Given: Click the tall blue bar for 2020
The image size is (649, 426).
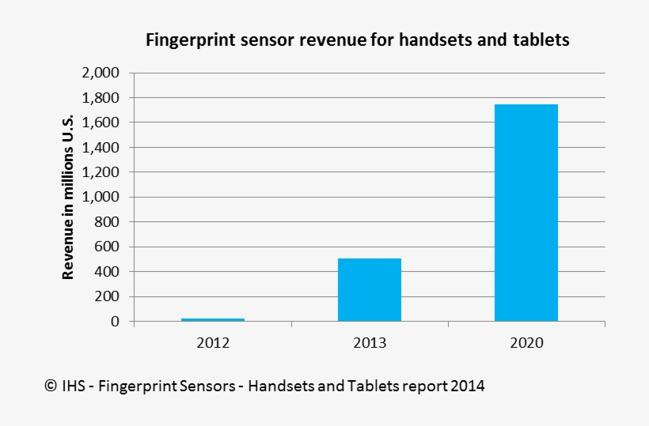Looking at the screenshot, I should [526, 213].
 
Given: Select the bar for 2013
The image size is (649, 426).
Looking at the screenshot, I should [370, 289].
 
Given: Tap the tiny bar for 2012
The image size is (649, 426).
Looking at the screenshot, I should [213, 319].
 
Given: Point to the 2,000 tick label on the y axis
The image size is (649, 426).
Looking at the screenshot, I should [100, 73].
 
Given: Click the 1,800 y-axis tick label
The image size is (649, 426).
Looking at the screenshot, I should [100, 98].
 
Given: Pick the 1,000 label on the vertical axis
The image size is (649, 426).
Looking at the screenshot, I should [100, 198].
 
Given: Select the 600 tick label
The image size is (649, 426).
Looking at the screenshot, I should [106, 247].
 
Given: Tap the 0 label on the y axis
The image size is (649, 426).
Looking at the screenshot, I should [115, 322].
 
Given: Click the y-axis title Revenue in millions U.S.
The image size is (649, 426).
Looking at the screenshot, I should [68, 197].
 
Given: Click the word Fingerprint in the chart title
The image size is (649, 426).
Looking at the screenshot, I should [184, 40].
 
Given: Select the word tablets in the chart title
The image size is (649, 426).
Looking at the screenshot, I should [541, 40].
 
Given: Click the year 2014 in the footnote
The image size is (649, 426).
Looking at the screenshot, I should [468, 386].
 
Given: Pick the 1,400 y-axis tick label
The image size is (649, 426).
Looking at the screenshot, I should [100, 148].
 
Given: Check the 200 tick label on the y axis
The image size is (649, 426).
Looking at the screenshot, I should [106, 297].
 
